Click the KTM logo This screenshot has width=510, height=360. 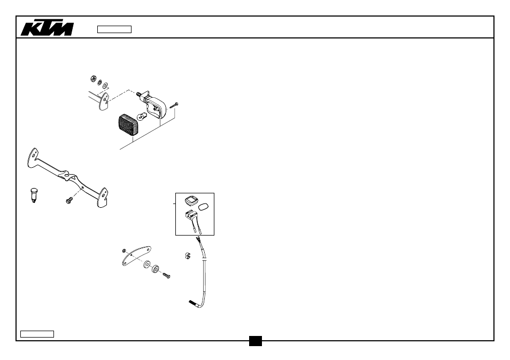coord(48,28)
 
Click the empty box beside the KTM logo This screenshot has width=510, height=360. coord(114,29)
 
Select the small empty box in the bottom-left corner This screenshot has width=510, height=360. coord(37,334)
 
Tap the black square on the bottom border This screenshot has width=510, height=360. coord(256,341)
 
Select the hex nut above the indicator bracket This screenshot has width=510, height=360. coord(93,79)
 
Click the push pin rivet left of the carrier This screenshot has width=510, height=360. coord(34,195)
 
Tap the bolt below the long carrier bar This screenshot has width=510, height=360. coord(69,200)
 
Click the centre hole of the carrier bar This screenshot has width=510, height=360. coord(66,175)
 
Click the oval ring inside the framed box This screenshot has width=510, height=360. coord(203,207)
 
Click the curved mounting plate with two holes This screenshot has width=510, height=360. coord(136,256)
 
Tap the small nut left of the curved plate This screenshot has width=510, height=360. coord(124,251)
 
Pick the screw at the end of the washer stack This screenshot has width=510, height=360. coord(166,276)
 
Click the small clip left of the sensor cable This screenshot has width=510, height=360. coord(187,256)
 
